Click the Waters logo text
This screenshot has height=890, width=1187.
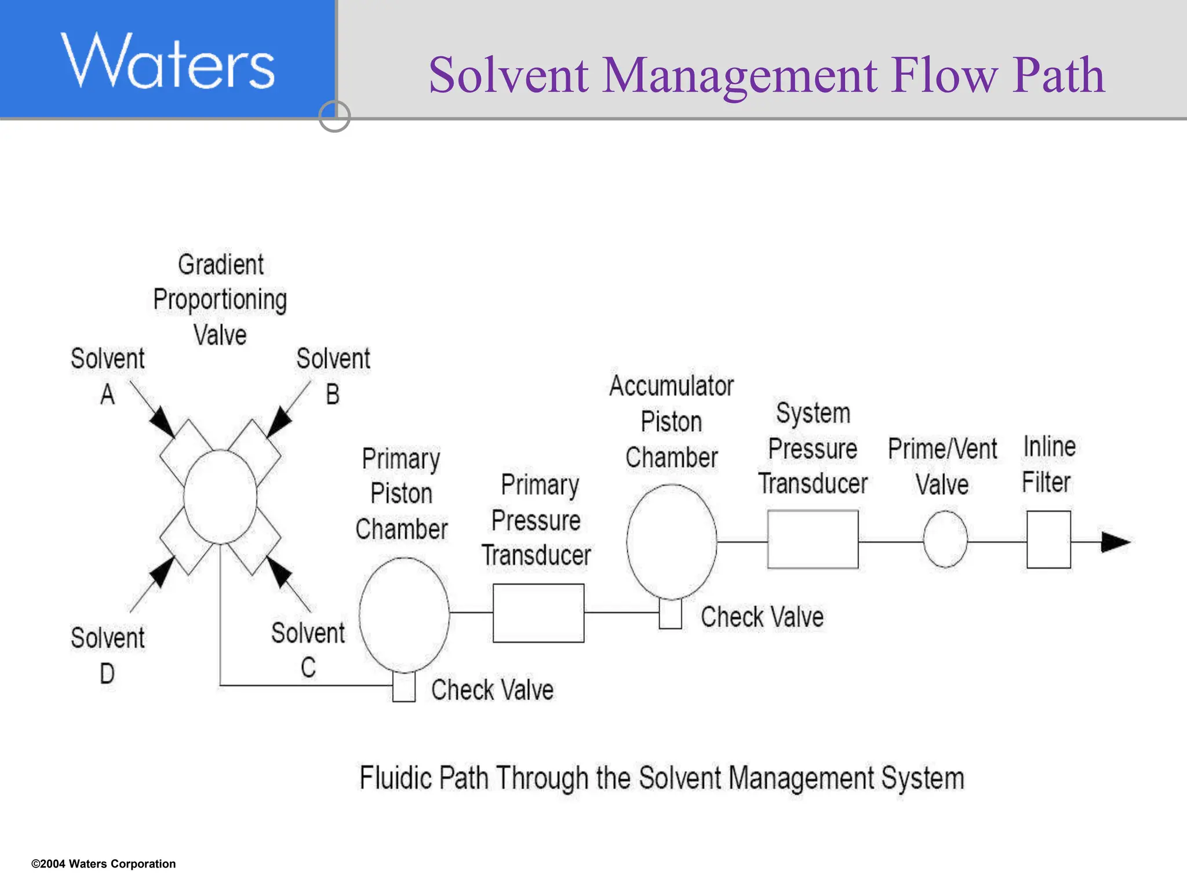click(168, 61)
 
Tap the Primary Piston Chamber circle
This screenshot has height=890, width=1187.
click(404, 614)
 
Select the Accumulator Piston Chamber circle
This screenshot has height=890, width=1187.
click(671, 542)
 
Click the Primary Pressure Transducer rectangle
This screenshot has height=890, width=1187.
click(538, 613)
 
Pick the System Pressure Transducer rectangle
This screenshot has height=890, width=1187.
click(813, 539)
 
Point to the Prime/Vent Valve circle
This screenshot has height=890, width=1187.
click(945, 539)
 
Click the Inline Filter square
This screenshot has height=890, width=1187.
click(1048, 539)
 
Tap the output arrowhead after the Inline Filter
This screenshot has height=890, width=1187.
click(1115, 542)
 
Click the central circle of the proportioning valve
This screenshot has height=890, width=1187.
click(220, 497)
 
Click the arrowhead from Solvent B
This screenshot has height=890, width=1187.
click(279, 422)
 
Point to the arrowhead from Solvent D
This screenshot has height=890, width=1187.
click(162, 572)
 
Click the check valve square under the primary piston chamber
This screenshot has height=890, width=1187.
click(404, 687)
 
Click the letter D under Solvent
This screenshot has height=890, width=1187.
click(107, 674)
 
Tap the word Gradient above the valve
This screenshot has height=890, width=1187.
click(220, 265)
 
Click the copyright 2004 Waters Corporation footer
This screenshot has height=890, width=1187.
click(103, 864)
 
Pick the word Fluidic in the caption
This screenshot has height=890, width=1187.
click(395, 778)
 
